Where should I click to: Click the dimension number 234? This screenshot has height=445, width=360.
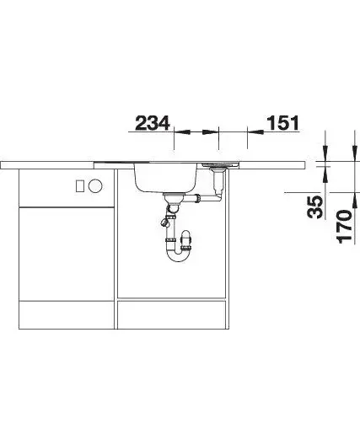(x=152, y=123)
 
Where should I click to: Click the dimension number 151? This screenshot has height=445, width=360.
(x=282, y=123)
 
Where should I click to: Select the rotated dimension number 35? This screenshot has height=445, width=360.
(x=315, y=207)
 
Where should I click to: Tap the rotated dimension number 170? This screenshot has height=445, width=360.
(x=345, y=227)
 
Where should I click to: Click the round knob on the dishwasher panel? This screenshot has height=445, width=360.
(x=94, y=186)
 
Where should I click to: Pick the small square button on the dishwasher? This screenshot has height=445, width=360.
(x=79, y=186)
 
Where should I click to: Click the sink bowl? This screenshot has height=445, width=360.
(x=165, y=177)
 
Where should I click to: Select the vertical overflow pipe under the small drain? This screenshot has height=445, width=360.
(x=218, y=183)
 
